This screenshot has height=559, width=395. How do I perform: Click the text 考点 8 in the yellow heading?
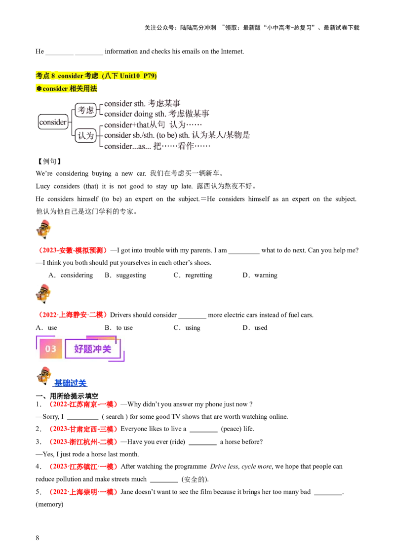click(45, 76)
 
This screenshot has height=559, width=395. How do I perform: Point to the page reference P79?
click(149, 76)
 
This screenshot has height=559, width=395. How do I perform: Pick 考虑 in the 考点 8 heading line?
click(91, 76)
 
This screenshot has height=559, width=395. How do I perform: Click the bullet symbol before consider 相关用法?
click(39, 89)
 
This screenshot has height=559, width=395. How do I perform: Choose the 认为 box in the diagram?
click(85, 135)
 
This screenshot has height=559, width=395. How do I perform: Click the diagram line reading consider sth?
click(123, 103)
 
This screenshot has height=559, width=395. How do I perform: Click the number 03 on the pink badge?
click(51, 349)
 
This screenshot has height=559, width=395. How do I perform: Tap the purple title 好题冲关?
click(93, 349)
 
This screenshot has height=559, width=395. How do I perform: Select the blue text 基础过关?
click(70, 383)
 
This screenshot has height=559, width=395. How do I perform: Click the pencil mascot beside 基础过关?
click(44, 375)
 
